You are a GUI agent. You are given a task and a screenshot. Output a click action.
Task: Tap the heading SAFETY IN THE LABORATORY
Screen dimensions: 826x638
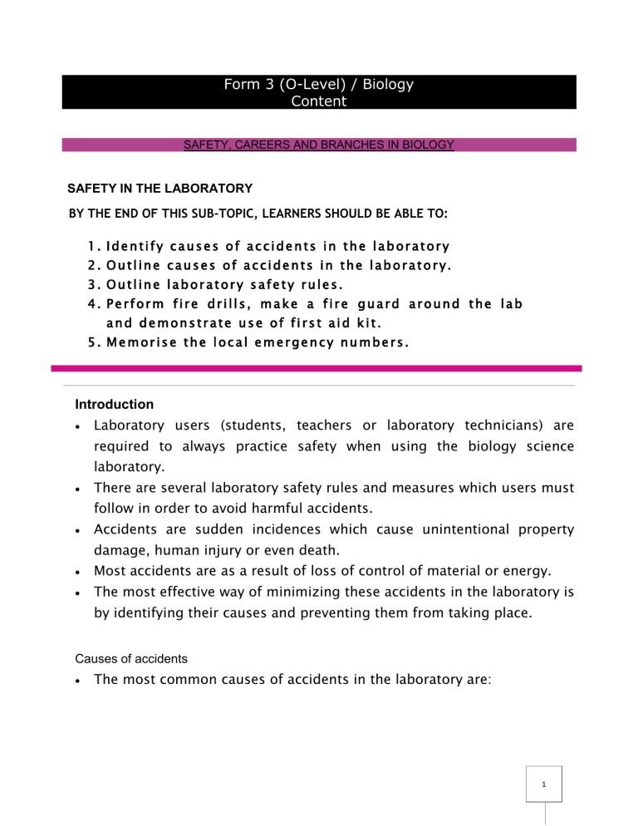click(159, 189)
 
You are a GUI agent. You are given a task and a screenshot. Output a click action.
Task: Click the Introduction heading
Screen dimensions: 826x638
click(114, 405)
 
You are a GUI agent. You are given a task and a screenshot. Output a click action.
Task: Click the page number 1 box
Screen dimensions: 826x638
click(543, 784)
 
